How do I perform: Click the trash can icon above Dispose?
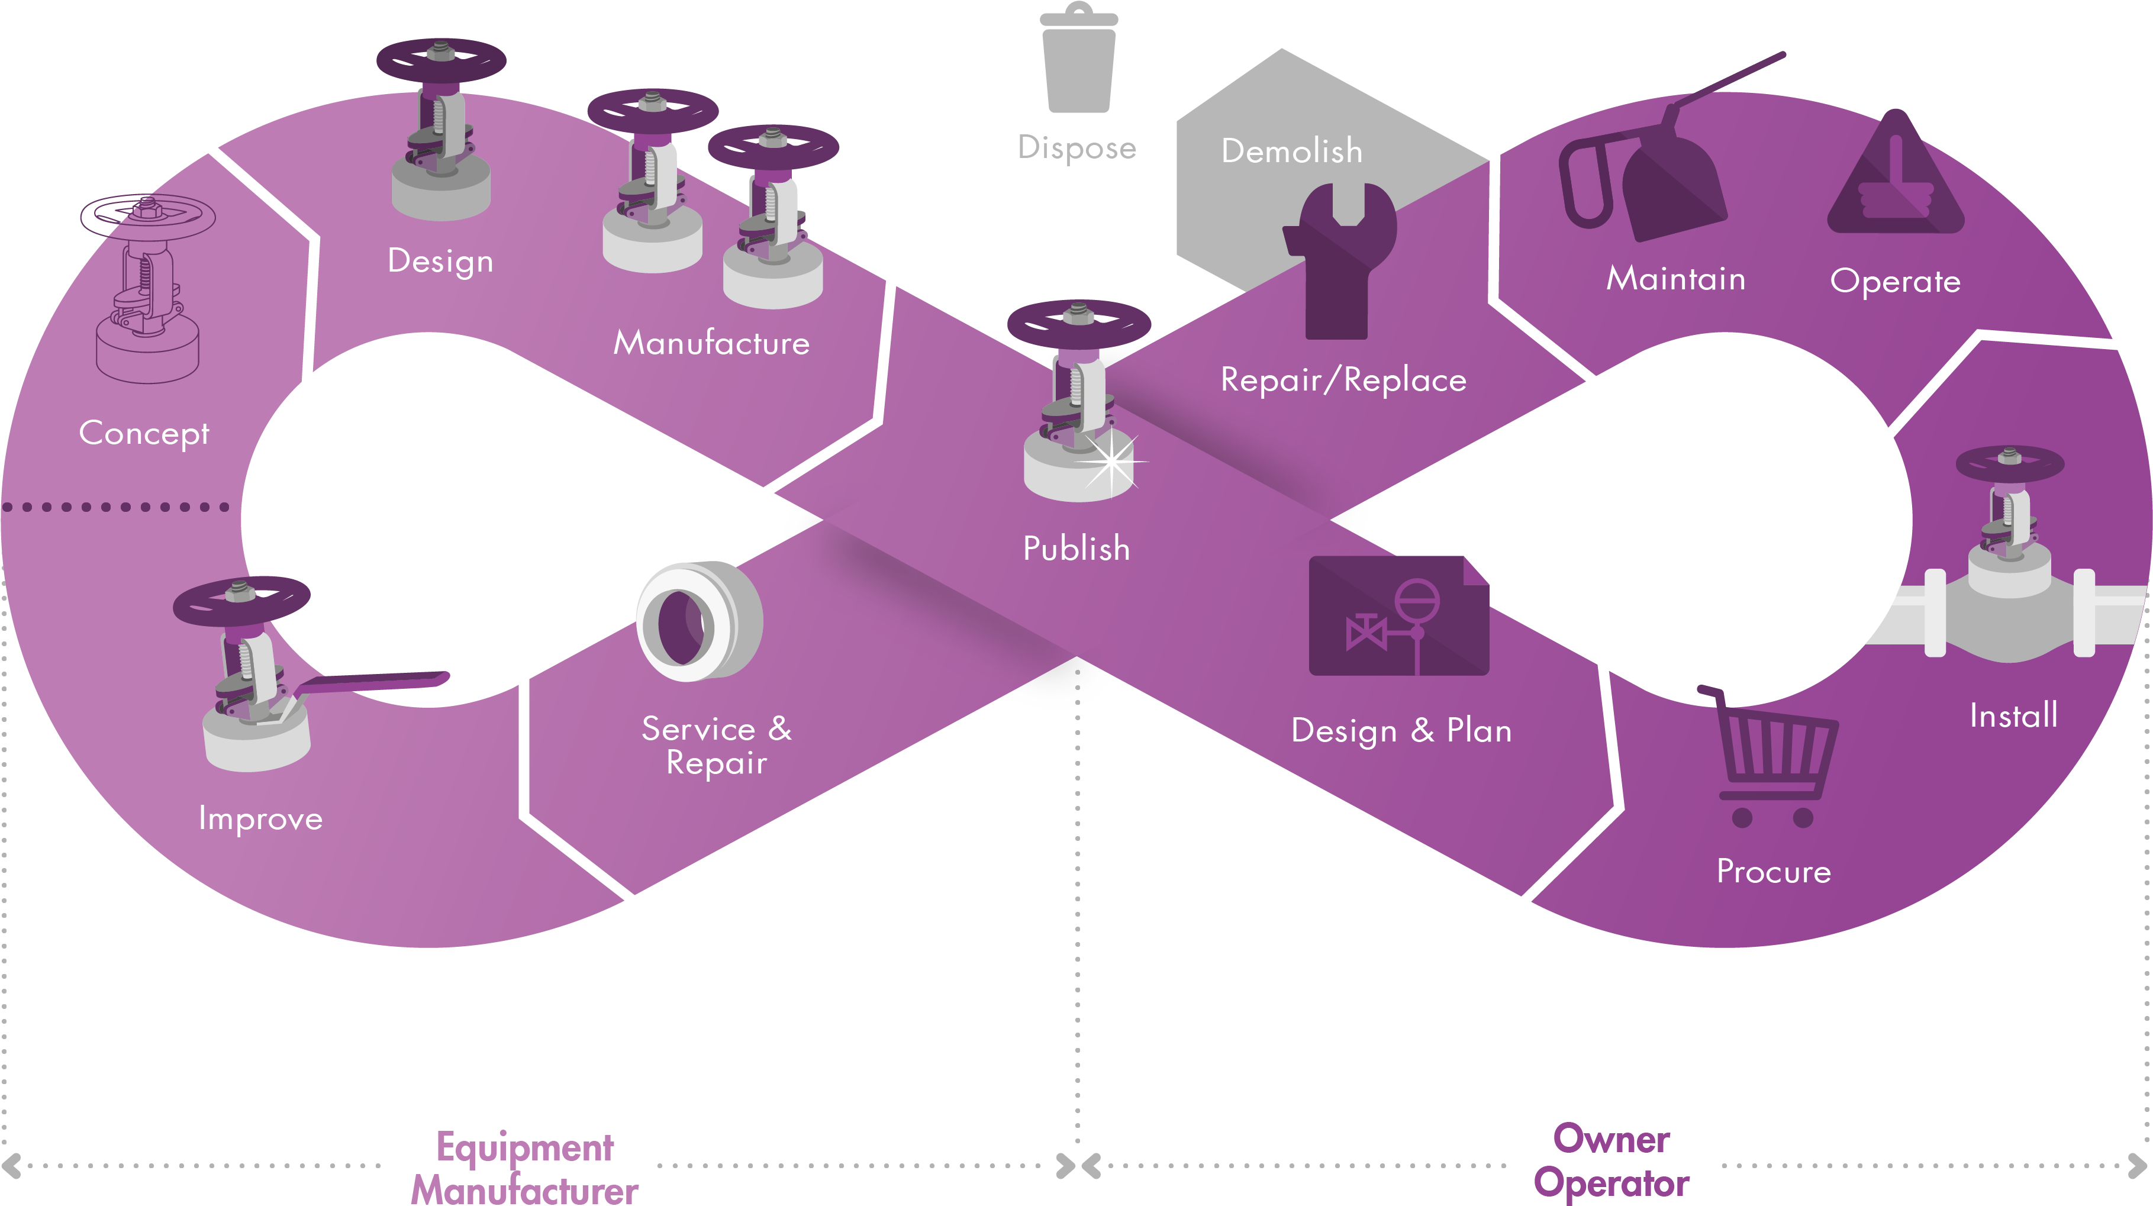[x=1078, y=60]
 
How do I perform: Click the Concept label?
[x=144, y=433]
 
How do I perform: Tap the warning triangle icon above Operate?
[x=1895, y=180]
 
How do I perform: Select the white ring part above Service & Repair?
[x=698, y=623]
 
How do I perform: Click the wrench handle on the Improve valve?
[x=376, y=682]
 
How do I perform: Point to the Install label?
[x=2013, y=716]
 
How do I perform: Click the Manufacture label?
[x=711, y=343]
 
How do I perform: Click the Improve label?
[x=260, y=818]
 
